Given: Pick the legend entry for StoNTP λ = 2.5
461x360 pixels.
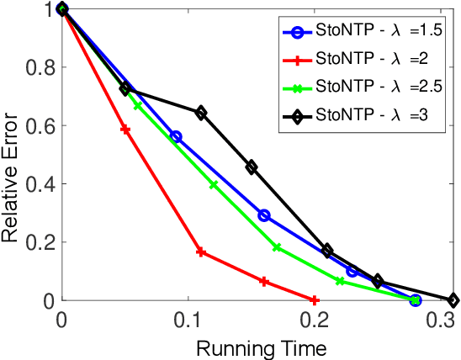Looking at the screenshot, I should point(362,86).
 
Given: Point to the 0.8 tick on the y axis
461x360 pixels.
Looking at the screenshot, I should point(40,67).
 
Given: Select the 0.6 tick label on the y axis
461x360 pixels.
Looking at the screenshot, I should point(40,125).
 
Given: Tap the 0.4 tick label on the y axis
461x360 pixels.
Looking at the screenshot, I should point(40,183).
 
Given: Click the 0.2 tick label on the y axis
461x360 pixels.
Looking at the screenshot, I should point(40,242).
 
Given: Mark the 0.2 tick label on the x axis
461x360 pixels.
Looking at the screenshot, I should point(315,320).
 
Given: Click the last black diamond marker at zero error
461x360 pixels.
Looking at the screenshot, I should point(453,300).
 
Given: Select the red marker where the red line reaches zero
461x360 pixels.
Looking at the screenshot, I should point(315,300).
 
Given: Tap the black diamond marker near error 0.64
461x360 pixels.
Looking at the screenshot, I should point(201,113).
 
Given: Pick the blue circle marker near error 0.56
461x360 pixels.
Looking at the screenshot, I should point(176,136).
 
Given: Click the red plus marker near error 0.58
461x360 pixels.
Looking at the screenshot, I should point(125,130).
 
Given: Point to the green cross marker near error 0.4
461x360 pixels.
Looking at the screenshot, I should point(214,184).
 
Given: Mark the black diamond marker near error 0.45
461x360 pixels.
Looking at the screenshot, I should point(252,167).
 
